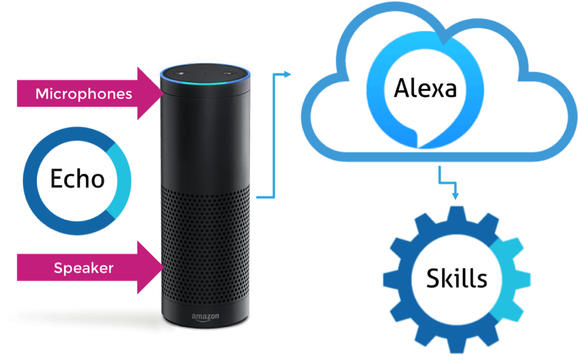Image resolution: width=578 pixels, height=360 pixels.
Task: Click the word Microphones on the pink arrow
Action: pos(83,94)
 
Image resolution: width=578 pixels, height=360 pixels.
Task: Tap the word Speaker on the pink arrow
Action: pos(83,268)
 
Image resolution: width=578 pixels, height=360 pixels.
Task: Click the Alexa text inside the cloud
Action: pos(424,89)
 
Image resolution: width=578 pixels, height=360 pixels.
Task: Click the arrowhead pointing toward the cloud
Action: pos(287,74)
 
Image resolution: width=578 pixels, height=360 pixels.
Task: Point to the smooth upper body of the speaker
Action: pos(205,139)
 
